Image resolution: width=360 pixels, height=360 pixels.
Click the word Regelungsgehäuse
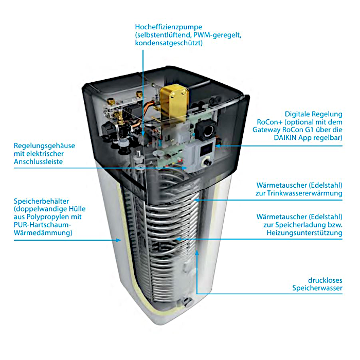43,146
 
